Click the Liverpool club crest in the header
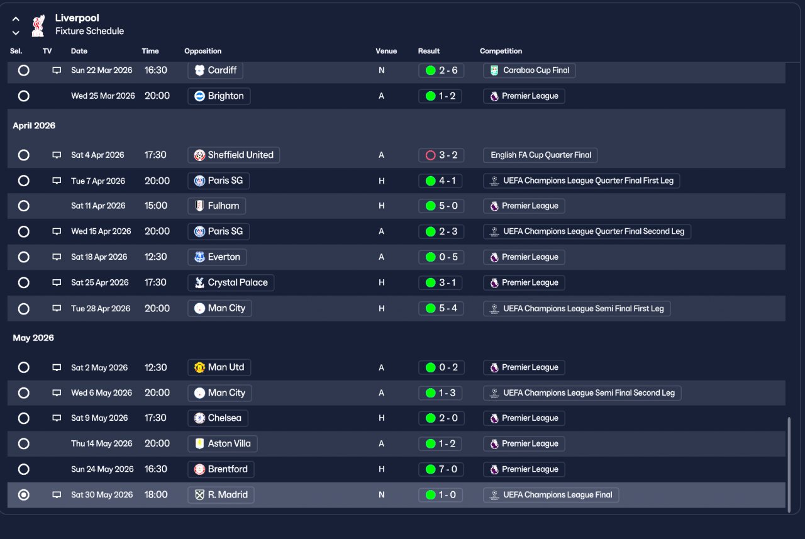(38, 25)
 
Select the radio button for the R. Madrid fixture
(24, 495)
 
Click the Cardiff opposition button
(215, 70)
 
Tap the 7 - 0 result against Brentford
(441, 469)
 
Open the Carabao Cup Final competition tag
(529, 70)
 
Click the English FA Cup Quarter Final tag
(540, 155)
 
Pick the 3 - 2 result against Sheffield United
(441, 155)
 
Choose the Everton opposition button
(217, 257)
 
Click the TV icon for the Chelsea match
(57, 418)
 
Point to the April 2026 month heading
(34, 126)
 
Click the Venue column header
(386, 51)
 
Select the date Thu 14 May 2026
(101, 443)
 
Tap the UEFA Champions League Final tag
(550, 495)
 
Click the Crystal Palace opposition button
(231, 282)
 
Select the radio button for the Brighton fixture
(24, 96)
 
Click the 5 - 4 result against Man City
(441, 308)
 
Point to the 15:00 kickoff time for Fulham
(156, 206)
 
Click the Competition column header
(501, 51)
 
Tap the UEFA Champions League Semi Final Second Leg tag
(582, 393)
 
